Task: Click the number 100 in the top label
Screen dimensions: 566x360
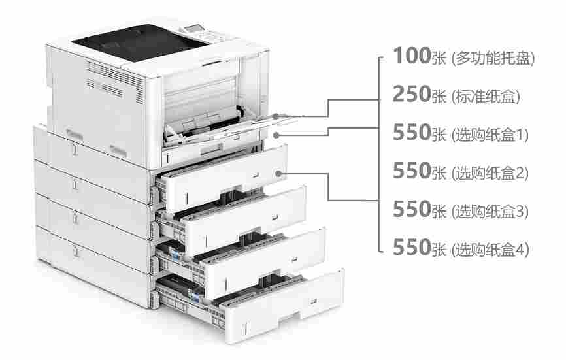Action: pyautogui.click(x=412, y=56)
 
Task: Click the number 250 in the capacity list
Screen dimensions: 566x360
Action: pyautogui.click(x=412, y=94)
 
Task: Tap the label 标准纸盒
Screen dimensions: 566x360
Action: pyautogui.click(x=486, y=96)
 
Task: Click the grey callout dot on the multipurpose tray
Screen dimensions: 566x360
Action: pyautogui.click(x=276, y=116)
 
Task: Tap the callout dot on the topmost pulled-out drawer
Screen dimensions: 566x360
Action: pyautogui.click(x=278, y=174)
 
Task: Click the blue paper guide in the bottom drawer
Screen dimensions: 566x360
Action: pyautogui.click(x=195, y=297)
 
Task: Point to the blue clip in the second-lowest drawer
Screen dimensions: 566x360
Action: pyautogui.click(x=175, y=255)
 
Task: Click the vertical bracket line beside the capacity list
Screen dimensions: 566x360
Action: pyautogui.click(x=378, y=154)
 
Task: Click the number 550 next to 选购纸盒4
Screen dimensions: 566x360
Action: pyautogui.click(x=412, y=247)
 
